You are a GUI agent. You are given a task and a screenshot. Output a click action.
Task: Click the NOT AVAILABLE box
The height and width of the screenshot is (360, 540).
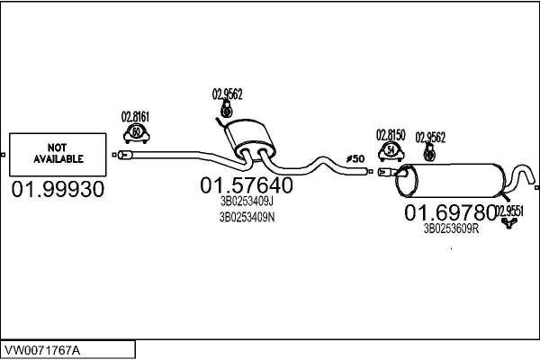point(58,154)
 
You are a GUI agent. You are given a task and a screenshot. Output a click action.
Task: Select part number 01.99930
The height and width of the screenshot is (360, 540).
point(58,190)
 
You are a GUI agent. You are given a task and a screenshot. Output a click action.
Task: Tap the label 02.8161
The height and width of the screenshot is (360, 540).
point(135,117)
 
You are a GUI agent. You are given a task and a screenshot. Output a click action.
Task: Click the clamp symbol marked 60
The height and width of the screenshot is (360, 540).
point(137,133)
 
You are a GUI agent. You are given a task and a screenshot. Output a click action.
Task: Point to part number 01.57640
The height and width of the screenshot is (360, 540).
point(247,185)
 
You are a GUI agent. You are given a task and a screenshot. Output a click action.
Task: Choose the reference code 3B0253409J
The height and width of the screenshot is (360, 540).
point(247,201)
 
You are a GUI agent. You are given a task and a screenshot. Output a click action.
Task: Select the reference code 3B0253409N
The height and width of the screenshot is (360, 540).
point(247,218)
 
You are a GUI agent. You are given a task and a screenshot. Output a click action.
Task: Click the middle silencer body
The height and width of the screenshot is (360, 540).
point(249,137)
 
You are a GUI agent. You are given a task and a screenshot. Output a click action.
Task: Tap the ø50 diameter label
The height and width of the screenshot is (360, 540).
point(355,158)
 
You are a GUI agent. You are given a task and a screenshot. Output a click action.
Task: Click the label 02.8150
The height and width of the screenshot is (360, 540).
point(391,135)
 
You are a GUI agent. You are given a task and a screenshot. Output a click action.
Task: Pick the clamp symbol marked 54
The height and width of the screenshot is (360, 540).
point(391,151)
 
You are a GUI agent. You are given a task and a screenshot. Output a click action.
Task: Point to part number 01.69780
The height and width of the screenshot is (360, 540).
point(450,212)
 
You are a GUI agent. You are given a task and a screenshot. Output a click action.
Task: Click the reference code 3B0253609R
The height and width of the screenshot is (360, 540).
point(451,229)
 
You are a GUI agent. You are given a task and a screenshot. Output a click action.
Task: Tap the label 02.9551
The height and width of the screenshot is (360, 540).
point(509,211)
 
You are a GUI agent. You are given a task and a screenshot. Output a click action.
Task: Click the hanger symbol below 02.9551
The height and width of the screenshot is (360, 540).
point(508,223)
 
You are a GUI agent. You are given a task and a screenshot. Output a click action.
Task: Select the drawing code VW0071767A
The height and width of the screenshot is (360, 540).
point(42,351)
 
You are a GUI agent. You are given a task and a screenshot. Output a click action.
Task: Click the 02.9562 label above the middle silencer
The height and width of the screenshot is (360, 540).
point(228,94)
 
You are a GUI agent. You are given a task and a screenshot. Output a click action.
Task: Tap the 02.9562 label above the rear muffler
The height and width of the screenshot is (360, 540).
point(430,138)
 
